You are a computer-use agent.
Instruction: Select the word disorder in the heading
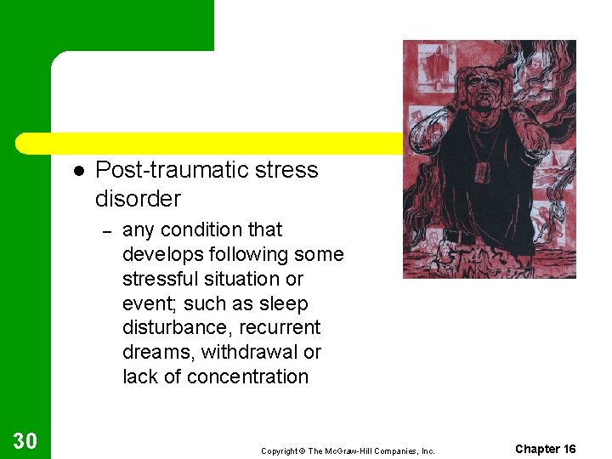pyautogui.click(x=138, y=199)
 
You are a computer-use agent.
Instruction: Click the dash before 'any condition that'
pyautogui.click(x=106, y=230)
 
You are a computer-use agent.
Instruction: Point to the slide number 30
pyautogui.click(x=25, y=440)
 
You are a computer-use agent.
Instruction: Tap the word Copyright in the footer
pyautogui.click(x=280, y=450)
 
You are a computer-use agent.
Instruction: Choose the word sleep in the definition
pyautogui.click(x=287, y=303)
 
